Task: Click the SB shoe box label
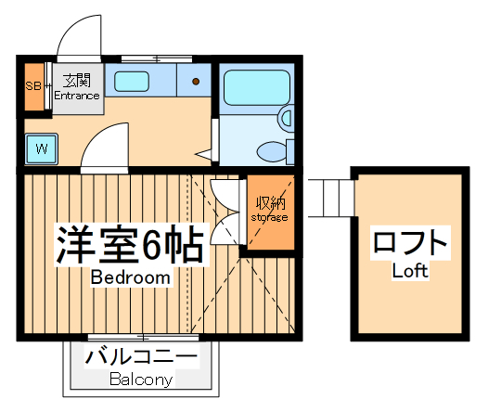point(32,86)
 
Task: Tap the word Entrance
point(76,96)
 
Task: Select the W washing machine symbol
point(42,148)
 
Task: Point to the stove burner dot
point(197,82)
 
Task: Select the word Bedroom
point(130,277)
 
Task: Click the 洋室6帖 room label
point(130,244)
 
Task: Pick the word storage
point(270,217)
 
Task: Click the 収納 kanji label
point(270,202)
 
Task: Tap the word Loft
point(409,272)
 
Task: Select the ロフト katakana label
point(409,244)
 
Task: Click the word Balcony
point(141,380)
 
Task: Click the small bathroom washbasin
point(286,117)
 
